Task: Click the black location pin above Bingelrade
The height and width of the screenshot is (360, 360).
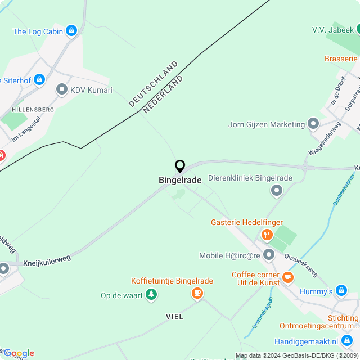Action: point(180,166)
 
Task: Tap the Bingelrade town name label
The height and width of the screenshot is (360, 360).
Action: point(180,180)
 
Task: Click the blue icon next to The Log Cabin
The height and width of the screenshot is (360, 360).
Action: point(71,31)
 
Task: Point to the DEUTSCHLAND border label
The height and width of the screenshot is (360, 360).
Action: point(153,84)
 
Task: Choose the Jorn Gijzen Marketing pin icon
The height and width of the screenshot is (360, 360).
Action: point(313,124)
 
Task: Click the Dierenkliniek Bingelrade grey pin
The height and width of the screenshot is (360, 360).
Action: point(276,191)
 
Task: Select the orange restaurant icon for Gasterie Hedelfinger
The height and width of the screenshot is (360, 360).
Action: point(267,235)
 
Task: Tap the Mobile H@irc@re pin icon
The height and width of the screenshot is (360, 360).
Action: point(269,255)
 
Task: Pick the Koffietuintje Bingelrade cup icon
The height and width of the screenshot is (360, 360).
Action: point(197,292)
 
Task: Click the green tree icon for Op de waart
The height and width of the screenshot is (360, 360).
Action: point(151,295)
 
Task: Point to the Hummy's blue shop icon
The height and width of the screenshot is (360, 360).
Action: point(340,291)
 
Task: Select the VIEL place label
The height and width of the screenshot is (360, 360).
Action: point(174,317)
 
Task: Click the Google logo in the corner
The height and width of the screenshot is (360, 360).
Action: point(19,353)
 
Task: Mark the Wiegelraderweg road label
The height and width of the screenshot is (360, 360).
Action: point(325,138)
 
